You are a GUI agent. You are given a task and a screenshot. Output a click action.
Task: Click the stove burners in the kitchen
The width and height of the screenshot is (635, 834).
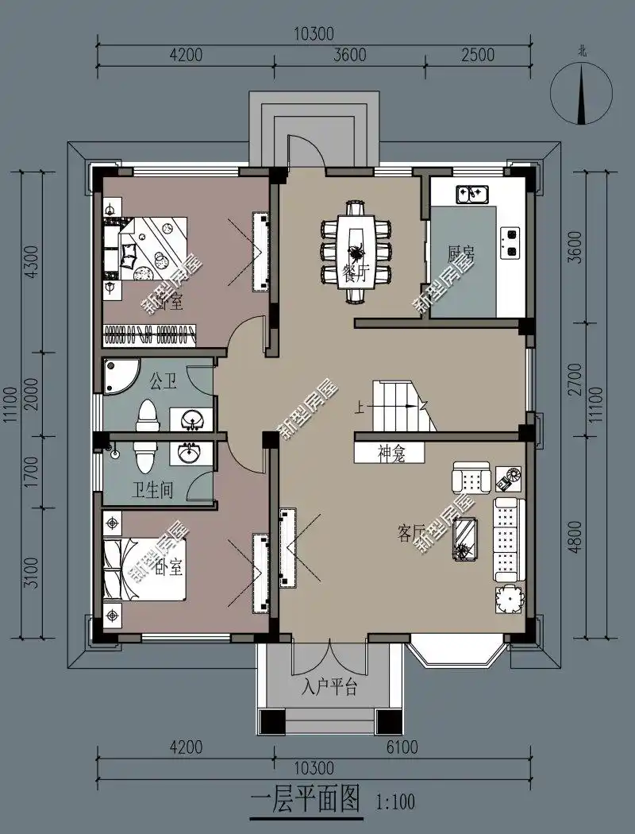[511, 242]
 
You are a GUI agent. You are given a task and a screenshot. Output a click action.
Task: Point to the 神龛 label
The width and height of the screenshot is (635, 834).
[390, 454]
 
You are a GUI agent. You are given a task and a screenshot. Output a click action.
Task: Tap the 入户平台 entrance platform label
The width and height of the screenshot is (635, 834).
[329, 687]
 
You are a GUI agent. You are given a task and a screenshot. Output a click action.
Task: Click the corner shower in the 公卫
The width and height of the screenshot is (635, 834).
[119, 375]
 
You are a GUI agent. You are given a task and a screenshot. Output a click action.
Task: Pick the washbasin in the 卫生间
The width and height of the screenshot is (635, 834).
[190, 453]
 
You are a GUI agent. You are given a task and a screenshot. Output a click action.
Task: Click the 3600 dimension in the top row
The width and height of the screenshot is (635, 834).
[349, 55]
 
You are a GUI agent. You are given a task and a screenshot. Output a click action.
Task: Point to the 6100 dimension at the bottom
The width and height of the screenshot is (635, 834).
[402, 747]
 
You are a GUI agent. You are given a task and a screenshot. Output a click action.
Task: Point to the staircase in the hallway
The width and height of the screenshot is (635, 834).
[404, 406]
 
